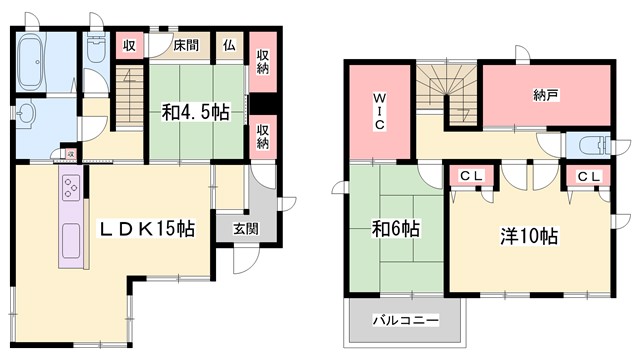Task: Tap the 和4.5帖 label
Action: coord(197,112)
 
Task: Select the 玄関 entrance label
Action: coord(246,228)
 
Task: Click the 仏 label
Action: coord(229,45)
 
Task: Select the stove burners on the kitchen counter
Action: coord(72,188)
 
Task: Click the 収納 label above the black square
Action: coord(263,63)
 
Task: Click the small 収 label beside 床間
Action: coord(129,46)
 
